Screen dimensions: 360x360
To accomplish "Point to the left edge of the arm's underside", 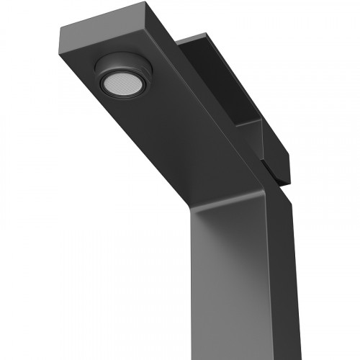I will [x=108, y=122].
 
